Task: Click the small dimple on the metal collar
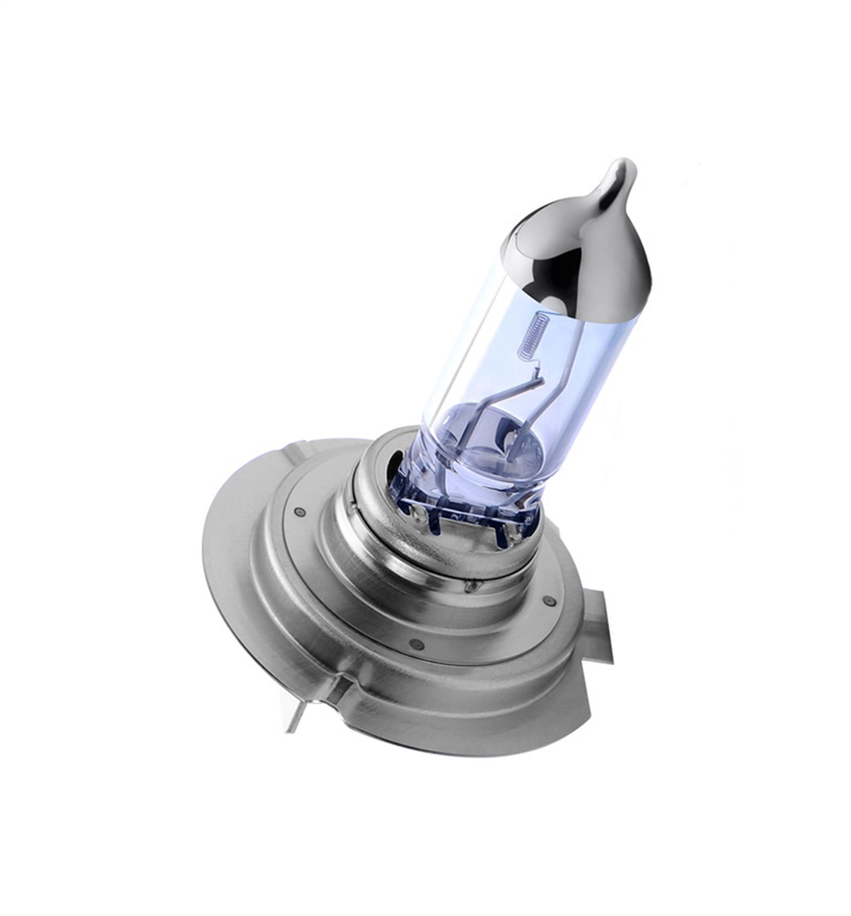(x=469, y=586)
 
